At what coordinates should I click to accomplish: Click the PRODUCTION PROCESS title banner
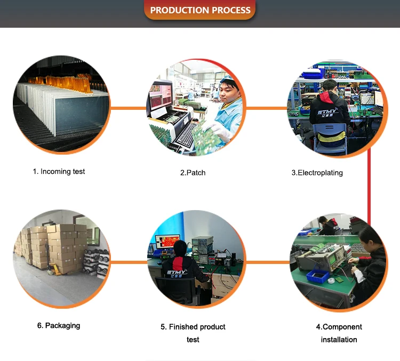200,10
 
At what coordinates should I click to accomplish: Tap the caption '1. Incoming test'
59,171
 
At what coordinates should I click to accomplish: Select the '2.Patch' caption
193,172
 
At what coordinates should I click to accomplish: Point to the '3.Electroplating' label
317,172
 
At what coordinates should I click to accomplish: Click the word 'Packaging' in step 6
62,325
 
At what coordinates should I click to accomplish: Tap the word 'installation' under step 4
339,339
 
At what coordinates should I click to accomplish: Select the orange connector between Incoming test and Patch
128,108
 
